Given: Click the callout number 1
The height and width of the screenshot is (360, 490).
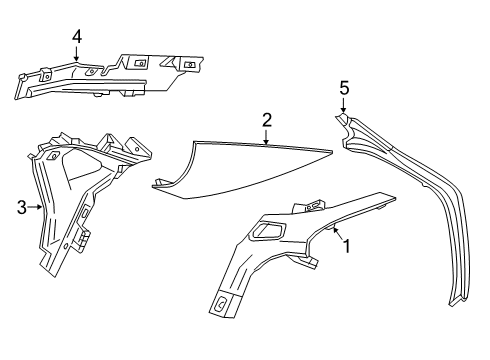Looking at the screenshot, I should click(x=347, y=243).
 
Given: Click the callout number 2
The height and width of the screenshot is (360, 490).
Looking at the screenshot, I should click(x=267, y=120).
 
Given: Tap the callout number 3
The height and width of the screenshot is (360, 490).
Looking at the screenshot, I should click(x=21, y=208).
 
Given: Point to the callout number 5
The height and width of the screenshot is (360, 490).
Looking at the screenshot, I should click(x=344, y=88).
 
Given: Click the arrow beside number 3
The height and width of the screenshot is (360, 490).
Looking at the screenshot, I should click(x=36, y=208).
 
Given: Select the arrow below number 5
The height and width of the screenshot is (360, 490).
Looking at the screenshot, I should click(x=344, y=106).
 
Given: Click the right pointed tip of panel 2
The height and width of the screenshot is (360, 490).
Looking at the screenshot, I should click(x=333, y=150).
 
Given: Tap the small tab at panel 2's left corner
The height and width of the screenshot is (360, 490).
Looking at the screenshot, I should click(x=158, y=183).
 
